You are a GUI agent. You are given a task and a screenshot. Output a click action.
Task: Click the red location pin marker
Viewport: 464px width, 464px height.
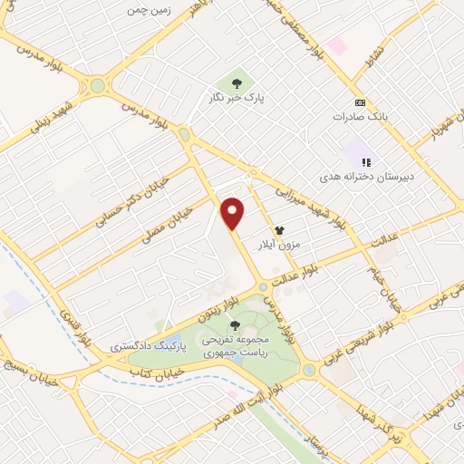coord(234,213)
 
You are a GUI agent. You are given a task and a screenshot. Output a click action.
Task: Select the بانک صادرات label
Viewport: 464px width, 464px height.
coord(353,117)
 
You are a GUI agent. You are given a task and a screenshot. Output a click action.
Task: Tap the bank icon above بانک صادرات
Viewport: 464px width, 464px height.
coord(359,102)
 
